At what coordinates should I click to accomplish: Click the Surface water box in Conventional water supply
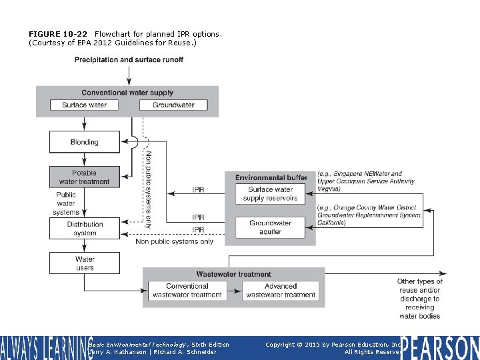pos(84,105)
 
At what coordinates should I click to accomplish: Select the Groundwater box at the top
pos(173,105)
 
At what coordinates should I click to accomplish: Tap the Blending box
pos(84,142)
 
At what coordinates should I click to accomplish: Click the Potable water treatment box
pos(84,177)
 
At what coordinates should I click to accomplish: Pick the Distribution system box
pos(85,229)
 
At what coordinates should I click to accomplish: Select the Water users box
pos(85,263)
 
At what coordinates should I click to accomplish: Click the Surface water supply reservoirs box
pos(270,194)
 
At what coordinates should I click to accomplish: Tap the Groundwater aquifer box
pos(270,227)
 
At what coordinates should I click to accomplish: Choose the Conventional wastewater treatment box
pos(187,291)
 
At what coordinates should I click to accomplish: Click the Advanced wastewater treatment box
pos(281,291)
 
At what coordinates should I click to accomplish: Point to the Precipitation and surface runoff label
pos(129,60)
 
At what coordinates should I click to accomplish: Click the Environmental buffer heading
pos(271,177)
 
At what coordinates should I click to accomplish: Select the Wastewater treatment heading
pos(233,274)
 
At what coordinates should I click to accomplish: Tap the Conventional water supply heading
pos(127,93)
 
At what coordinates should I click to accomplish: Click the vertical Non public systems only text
pos(149,189)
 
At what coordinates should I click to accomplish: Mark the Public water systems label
pos(66,203)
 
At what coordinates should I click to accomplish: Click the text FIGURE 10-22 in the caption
pos(57,33)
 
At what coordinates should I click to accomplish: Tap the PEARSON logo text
pos(440,347)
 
